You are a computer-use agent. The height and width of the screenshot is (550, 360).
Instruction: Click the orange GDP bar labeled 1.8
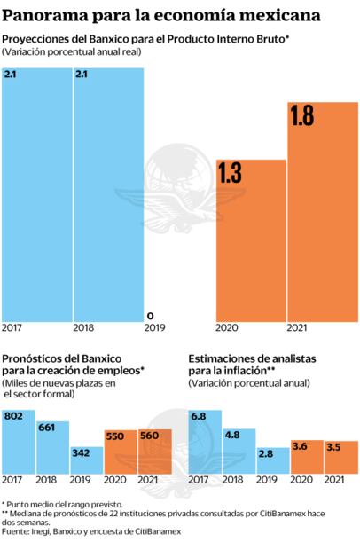pyautogui.click(x=323, y=213)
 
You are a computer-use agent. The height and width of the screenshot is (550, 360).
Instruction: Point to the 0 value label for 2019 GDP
pyautogui.click(x=150, y=315)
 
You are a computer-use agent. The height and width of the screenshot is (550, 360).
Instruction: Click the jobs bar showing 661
pyautogui.click(x=52, y=448)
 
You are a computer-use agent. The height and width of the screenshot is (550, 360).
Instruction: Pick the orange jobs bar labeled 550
pyautogui.click(x=121, y=452)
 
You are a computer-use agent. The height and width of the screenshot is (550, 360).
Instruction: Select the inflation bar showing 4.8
pyautogui.click(x=239, y=452)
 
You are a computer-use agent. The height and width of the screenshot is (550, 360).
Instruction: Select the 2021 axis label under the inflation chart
pyautogui.click(x=335, y=481)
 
